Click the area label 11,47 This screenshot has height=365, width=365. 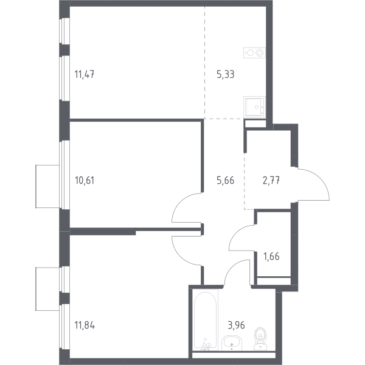point(85,74)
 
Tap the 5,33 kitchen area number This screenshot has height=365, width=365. point(225,74)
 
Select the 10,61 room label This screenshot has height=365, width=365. point(85,181)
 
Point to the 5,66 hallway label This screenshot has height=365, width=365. point(225,181)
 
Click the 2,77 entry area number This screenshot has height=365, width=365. point(271,181)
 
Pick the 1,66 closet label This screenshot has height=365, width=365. point(271,256)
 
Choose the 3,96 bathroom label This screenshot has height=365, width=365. point(236,325)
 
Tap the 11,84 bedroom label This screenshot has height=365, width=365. point(85,325)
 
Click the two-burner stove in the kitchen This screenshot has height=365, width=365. point(254,53)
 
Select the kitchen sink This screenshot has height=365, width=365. point(255,106)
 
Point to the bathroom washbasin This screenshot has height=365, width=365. point(232,343)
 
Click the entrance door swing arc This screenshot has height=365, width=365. point(320,179)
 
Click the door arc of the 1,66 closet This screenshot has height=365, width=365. point(236,233)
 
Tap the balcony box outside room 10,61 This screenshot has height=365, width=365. point(47,186)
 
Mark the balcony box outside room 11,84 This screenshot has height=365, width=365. point(47,289)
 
